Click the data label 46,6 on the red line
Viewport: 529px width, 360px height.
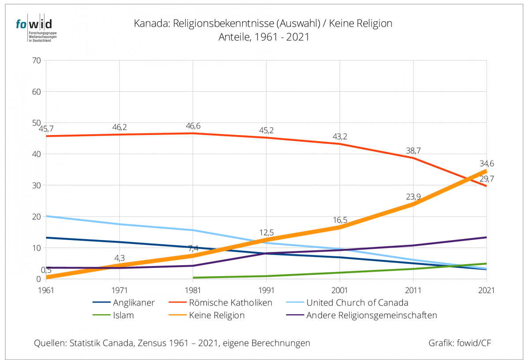pyautogui.click(x=193, y=126)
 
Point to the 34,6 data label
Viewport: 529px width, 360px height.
pyautogui.click(x=487, y=164)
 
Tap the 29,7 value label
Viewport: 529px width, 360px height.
pyautogui.click(x=487, y=178)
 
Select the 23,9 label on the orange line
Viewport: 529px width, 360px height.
pyautogui.click(x=413, y=197)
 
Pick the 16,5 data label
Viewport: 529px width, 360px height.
pyautogui.click(x=339, y=220)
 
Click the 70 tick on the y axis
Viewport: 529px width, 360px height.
pyautogui.click(x=36, y=61)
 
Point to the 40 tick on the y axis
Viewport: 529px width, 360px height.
pyautogui.click(x=36, y=154)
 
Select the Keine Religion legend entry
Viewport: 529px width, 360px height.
pyautogui.click(x=216, y=315)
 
